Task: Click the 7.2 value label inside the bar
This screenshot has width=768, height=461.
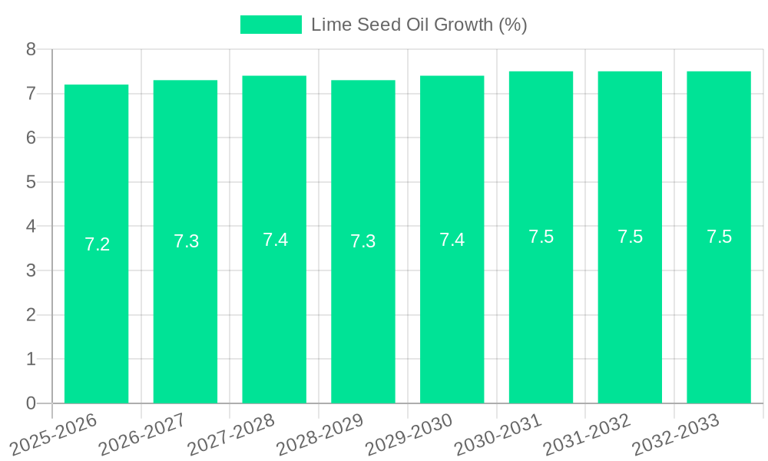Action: click(97, 244)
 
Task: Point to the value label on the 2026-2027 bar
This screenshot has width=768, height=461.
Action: click(186, 241)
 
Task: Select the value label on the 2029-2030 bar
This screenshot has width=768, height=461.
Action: click(452, 240)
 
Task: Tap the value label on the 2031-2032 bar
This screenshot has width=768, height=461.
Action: click(630, 237)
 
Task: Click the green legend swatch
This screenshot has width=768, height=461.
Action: click(270, 25)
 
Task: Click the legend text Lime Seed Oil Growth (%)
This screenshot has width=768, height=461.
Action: click(419, 25)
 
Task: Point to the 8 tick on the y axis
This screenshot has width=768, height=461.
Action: click(31, 49)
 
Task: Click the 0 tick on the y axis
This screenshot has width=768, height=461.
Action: click(31, 403)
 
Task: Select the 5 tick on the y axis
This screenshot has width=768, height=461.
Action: click(31, 182)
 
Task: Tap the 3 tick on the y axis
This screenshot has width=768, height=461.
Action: click(31, 270)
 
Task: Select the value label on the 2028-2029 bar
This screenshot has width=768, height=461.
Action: click(362, 241)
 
